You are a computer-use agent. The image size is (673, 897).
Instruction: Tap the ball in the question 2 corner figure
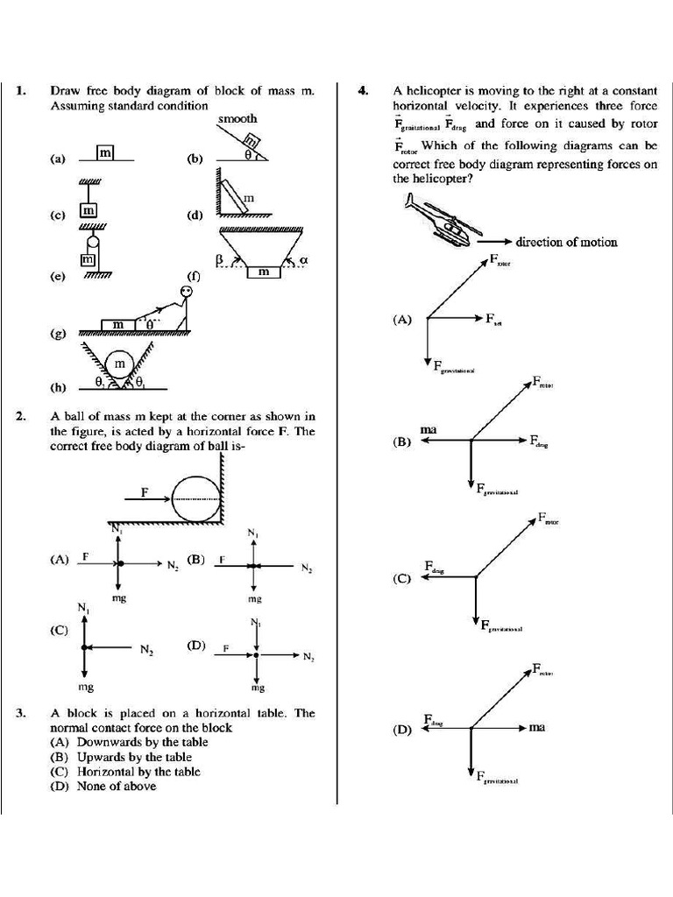197,497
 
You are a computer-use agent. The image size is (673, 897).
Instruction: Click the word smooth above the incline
237,118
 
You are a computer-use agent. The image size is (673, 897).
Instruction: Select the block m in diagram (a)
106,153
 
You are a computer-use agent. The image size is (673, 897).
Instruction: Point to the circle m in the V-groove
120,363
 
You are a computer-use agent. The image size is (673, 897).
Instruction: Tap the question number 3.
21,713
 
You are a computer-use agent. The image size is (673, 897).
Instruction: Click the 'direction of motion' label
566,242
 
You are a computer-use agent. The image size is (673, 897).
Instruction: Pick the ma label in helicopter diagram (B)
429,430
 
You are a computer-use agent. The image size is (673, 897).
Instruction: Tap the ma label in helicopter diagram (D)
537,727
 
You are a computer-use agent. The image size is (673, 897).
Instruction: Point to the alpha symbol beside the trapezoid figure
303,260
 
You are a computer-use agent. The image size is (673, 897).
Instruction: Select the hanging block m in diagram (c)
89,210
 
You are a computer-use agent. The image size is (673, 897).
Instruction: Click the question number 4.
362,90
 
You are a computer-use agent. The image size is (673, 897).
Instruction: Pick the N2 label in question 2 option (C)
146,649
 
